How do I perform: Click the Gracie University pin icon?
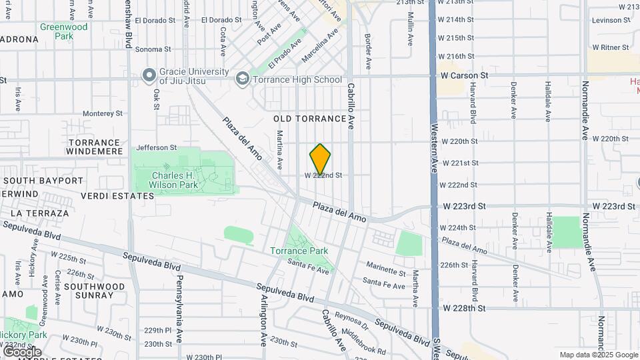pyautogui.click(x=148, y=75)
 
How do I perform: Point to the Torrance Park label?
pyautogui.click(x=299, y=251)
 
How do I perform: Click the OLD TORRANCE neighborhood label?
pyautogui.click(x=310, y=119)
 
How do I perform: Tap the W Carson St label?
pyautogui.click(x=465, y=75)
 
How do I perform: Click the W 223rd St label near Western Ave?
pyautogui.click(x=463, y=207)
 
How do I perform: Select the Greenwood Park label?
pyautogui.click(x=63, y=31)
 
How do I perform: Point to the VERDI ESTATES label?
pyautogui.click(x=117, y=196)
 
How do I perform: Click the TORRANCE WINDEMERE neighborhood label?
pyautogui.click(x=94, y=147)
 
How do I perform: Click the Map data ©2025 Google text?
pyautogui.click(x=597, y=355)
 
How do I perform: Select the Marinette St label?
pyautogui.click(x=384, y=273)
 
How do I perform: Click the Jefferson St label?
pyautogui.click(x=156, y=148)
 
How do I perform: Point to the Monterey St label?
pyautogui.click(x=103, y=113)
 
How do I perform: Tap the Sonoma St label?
pyautogui.click(x=153, y=49)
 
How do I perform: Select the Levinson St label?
pyautogui.click(x=610, y=21)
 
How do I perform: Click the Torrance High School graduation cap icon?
pyautogui.click(x=243, y=80)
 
